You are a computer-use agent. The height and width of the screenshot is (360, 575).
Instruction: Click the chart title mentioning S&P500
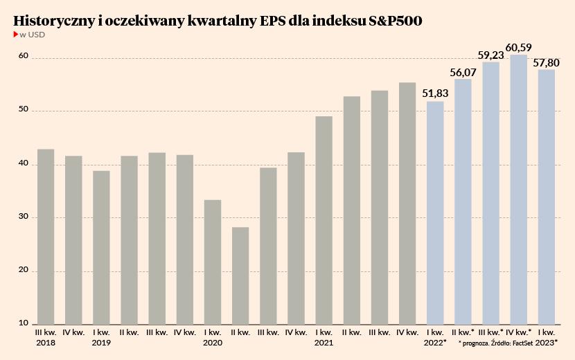coord(218,21)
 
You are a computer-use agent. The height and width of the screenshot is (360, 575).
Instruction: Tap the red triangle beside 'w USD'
coord(16,34)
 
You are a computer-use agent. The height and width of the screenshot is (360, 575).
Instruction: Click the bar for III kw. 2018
coord(46,235)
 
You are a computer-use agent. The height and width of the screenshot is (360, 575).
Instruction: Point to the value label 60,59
coord(519,48)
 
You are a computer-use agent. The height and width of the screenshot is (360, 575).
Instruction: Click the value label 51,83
coord(436,93)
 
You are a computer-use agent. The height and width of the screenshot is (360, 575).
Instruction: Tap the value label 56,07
coord(463,71)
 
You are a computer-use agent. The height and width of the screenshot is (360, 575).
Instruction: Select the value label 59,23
coord(491,55)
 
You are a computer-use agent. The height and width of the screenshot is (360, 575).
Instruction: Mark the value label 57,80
coord(547,62)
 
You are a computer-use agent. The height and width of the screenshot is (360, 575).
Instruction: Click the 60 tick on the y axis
coord(23,56)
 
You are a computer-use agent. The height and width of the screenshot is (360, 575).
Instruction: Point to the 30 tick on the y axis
coord(23,217)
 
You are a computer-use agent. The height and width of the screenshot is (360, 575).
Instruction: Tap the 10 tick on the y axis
coord(23,323)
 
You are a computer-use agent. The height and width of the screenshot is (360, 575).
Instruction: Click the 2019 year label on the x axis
coord(101,343)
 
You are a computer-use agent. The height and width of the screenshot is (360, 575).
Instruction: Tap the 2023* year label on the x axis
coord(546,343)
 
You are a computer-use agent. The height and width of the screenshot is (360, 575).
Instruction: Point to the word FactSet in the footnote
coord(522,343)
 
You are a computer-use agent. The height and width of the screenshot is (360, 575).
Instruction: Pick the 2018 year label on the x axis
coord(46,343)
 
